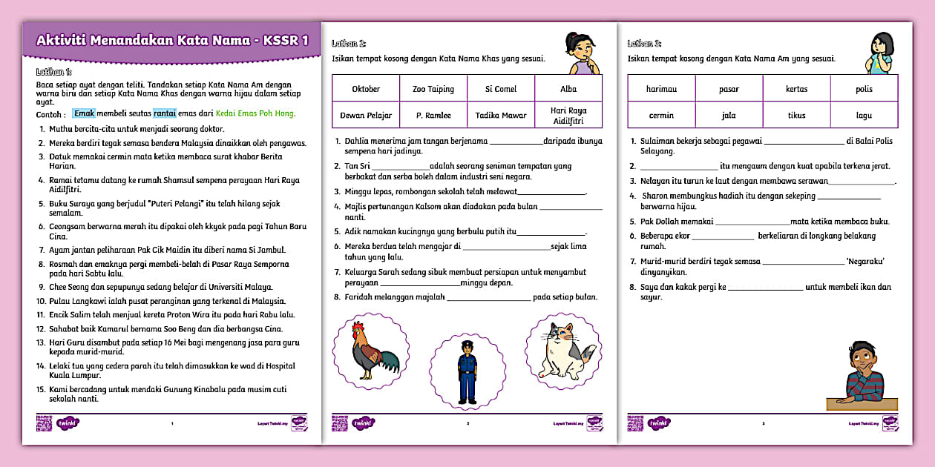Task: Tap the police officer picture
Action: pyautogui.click(x=467, y=371)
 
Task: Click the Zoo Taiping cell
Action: pyautogui.click(x=433, y=89)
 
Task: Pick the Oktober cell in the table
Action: pyautogui.click(x=366, y=89)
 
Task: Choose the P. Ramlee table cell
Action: pyautogui.click(x=433, y=116)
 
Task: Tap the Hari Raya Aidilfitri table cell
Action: pyautogui.click(x=568, y=116)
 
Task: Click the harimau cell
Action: pyautogui.click(x=661, y=89)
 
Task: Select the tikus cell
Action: pyautogui.click(x=796, y=116)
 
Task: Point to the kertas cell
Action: pyautogui.click(x=796, y=89)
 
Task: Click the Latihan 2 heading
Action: pyautogui.click(x=348, y=44)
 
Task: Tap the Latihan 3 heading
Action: pyautogui.click(x=644, y=44)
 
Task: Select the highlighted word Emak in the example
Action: pyautogui.click(x=85, y=113)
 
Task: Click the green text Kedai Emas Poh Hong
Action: pyautogui.click(x=257, y=113)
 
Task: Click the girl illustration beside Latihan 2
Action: pyautogui.click(x=580, y=53)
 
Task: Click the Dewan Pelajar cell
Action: pyautogui.click(x=366, y=116)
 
